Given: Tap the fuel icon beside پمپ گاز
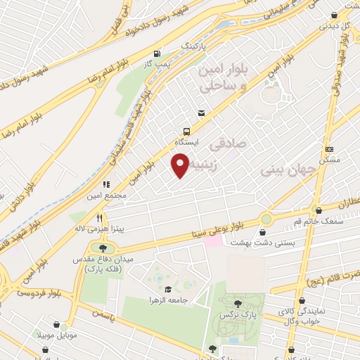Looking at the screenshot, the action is (156, 53).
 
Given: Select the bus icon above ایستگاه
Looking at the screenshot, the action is (186, 131).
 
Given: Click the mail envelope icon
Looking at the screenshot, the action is (202, 113).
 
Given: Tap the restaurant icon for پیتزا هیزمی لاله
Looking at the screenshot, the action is (99, 218).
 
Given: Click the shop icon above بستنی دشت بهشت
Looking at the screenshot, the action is (264, 231).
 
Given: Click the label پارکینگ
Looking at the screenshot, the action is (195, 45).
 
